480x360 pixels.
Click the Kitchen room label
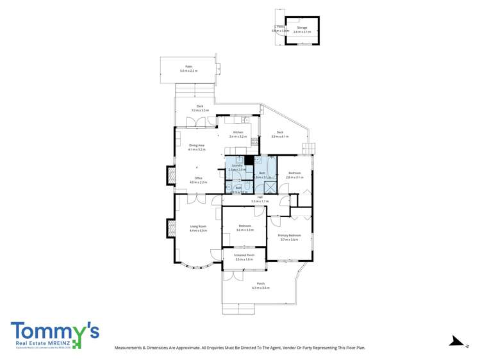coord(238,133)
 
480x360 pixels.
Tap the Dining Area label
coord(197,145)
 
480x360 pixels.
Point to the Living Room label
coord(198,226)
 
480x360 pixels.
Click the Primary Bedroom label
coord(289,235)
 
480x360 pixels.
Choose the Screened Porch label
coord(244,255)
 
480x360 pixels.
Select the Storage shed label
coord(302,28)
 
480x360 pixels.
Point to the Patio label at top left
coord(188,67)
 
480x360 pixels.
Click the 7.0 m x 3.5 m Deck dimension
coord(200,110)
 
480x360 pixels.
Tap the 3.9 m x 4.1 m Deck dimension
coord(280,136)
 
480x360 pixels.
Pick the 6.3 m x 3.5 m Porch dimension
coord(261,288)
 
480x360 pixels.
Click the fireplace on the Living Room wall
coord(171,227)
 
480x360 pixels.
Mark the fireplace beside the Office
coord(171,175)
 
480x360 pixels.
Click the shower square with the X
coord(270,187)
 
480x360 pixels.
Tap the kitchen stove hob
coord(254,141)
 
